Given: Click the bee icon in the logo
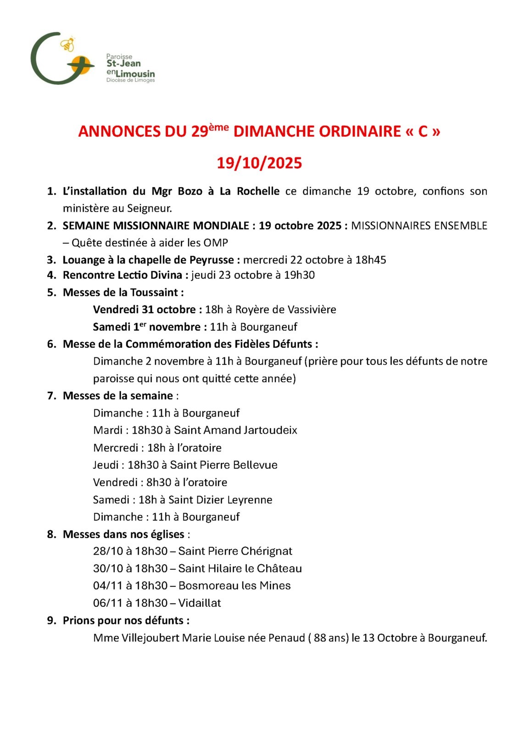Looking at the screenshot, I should tap(68, 44).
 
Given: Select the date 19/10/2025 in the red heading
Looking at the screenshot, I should tap(259, 163).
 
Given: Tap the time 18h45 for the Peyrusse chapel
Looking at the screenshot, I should tap(370, 260).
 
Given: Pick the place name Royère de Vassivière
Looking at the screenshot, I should tap(285, 310).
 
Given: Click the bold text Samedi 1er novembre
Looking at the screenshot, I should tap(146, 327).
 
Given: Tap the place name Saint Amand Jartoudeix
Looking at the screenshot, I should tap(235, 430).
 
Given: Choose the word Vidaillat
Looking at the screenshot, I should tap(200, 603).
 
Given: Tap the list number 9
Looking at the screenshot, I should tap(51, 621).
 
